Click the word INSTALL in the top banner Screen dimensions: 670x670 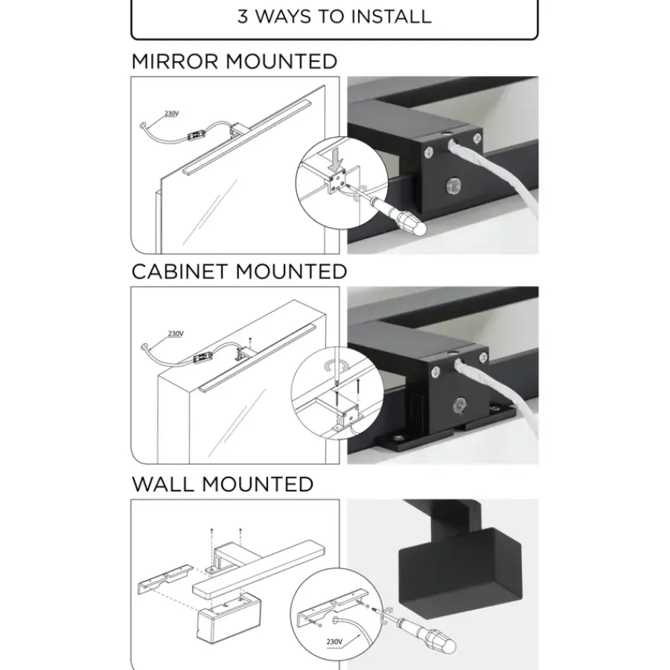pos(391,16)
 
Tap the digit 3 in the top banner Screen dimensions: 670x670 pos(243,16)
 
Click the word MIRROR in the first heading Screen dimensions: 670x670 pos(176,62)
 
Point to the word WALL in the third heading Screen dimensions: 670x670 pos(163,485)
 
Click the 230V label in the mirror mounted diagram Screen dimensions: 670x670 pos(171,114)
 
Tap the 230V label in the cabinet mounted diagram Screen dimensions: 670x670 pos(176,334)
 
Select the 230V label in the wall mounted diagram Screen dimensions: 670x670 pos(334,642)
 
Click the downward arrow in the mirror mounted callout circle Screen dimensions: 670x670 pos(337,162)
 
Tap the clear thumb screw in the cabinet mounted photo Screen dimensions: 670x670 pos(460,405)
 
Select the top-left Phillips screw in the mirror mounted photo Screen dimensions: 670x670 pos(429,151)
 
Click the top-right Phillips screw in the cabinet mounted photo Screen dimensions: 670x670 pos(483,357)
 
